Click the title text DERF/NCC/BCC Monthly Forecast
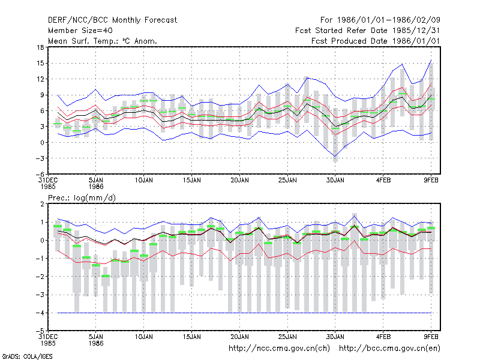pos(112,20)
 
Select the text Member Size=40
pos(80,31)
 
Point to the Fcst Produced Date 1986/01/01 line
pos(376,41)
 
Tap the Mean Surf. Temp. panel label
pos(102,41)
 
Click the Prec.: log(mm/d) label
pos(82,198)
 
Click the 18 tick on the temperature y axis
pos(40,47)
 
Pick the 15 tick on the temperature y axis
pos(40,64)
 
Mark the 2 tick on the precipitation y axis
pos(42,204)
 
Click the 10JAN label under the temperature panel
pos(143,181)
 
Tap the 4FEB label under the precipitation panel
pos(383,337)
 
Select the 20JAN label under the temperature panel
pos(239,181)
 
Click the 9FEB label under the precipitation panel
pos(431,337)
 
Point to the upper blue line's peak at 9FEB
pos(431,61)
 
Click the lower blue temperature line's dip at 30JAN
pos(335,157)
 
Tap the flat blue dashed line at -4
pos(244,313)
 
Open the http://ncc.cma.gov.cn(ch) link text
pos(279,349)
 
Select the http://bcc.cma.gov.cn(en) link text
pos(389,349)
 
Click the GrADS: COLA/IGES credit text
pos(27,356)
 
